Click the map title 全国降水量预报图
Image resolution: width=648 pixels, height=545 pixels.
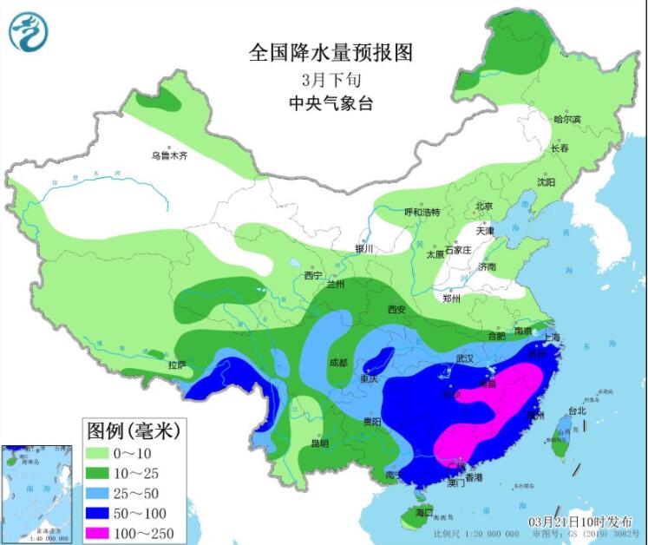[331, 53]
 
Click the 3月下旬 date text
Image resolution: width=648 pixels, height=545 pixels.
[331, 80]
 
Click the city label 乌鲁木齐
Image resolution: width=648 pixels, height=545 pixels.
[169, 156]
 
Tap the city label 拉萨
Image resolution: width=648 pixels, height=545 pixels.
[177, 364]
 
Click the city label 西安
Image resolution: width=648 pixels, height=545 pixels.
[396, 309]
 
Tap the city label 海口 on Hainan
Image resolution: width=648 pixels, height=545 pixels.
[422, 514]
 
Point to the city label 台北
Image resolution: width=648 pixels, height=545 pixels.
[577, 410]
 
